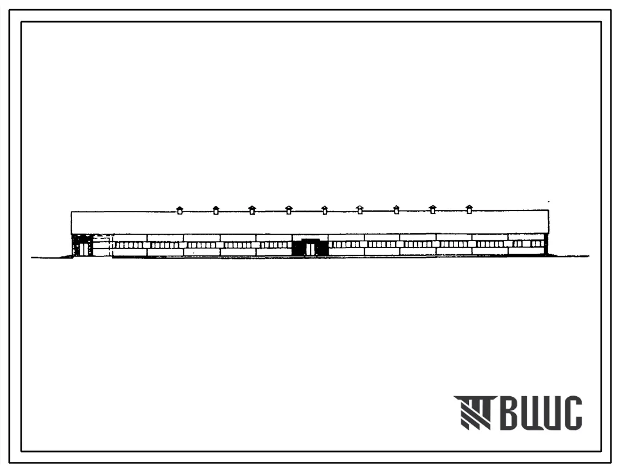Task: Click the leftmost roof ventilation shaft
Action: coord(180,210)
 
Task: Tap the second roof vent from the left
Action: coord(215,210)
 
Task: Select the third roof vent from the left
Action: coord(252,210)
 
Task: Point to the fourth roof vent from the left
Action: coord(289,210)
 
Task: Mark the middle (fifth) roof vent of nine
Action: coord(324,210)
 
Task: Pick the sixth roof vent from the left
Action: coord(360,210)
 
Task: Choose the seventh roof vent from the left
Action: coord(397,210)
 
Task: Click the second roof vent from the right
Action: coord(433,210)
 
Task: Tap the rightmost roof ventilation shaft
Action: coord(469,210)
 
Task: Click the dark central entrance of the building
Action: coord(310,247)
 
